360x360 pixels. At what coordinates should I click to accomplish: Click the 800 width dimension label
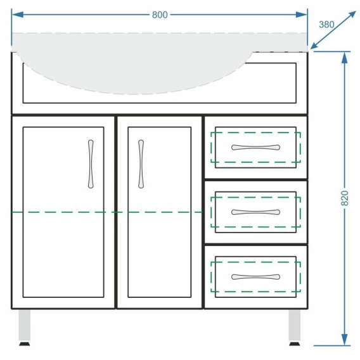(x=160, y=15)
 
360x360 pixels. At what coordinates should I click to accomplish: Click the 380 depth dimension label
(x=326, y=25)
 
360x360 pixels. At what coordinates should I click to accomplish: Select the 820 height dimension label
(x=345, y=198)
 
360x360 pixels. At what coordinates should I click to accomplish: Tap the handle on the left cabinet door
(x=91, y=164)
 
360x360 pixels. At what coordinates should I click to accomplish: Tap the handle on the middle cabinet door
(x=141, y=164)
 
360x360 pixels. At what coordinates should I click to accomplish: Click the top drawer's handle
(x=255, y=147)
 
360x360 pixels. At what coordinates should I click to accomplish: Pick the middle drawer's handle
(x=255, y=212)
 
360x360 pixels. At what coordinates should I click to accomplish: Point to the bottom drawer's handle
(x=255, y=277)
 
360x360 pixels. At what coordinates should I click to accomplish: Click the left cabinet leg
(x=24, y=325)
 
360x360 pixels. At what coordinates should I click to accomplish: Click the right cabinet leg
(x=295, y=325)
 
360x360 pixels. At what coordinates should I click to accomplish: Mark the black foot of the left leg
(x=24, y=344)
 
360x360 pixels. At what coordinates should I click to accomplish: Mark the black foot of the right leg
(x=295, y=344)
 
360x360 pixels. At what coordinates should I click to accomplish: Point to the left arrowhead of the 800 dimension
(x=18, y=15)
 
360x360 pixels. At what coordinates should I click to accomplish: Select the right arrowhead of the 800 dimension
(x=301, y=15)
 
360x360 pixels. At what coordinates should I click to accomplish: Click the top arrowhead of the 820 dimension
(x=344, y=58)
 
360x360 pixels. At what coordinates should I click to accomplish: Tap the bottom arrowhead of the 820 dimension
(x=344, y=339)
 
